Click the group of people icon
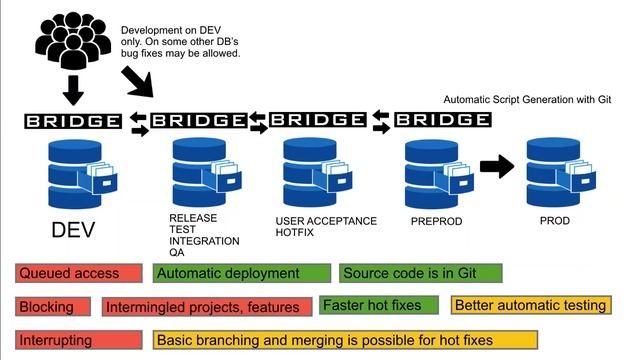click(72, 41)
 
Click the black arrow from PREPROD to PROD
click(496, 166)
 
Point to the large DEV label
click(73, 230)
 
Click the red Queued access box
click(81, 273)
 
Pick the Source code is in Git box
click(420, 273)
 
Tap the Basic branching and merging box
click(346, 340)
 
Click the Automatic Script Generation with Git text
click(527, 100)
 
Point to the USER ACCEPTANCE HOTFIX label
click(326, 225)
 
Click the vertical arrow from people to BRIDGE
click(72, 91)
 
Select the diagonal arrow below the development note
click(136, 81)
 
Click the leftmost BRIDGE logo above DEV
click(73, 122)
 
